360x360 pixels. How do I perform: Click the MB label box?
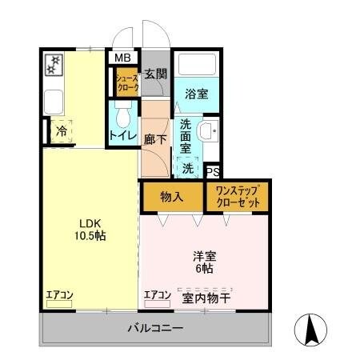coord(122,58)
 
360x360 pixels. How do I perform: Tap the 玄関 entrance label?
coord(155,75)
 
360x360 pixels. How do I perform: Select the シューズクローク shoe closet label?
coord(127,83)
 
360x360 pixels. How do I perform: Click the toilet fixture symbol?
coord(122,119)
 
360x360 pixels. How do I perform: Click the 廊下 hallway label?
coord(155,138)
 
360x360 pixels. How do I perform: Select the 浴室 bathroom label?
coord(196,93)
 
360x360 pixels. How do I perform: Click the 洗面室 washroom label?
coord(185,136)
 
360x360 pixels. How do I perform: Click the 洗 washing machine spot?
coord(187,168)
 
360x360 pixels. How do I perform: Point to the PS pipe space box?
coord(212,172)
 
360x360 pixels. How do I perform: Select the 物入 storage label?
coord(172,196)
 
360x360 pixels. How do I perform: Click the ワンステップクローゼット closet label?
coord(238,197)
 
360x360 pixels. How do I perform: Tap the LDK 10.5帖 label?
coord(90,230)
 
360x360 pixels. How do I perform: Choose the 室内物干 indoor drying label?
coord(206,299)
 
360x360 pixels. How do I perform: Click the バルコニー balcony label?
coord(154,329)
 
